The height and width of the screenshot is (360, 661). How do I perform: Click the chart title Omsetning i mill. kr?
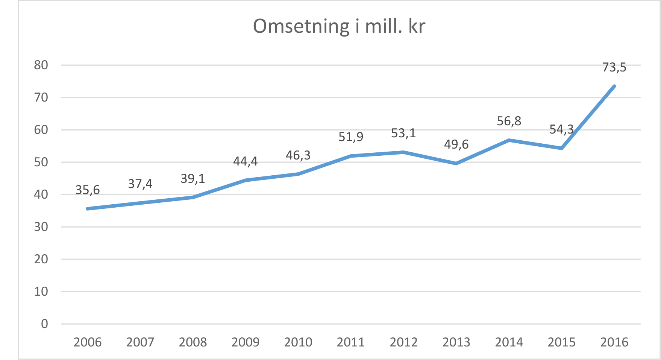tap(339, 27)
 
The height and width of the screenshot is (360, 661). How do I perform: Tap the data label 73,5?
tap(614, 67)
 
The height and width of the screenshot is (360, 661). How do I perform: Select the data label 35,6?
tap(88, 190)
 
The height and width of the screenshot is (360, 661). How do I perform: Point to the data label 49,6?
tap(456, 144)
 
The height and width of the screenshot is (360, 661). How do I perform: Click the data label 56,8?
tap(509, 121)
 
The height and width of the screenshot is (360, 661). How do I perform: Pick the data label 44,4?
tap(245, 161)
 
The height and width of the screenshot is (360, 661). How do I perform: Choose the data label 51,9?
tap(351, 137)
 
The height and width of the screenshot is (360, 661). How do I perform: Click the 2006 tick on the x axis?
tap(88, 342)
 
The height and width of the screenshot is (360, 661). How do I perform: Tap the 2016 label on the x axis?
tap(614, 342)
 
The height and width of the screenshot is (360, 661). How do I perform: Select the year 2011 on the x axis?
tap(351, 342)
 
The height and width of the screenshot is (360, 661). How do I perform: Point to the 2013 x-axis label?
tap(456, 342)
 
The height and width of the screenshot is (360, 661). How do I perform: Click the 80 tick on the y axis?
tap(41, 65)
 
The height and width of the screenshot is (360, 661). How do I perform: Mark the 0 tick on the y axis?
tap(44, 324)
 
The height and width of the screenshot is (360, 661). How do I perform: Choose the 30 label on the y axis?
tap(41, 227)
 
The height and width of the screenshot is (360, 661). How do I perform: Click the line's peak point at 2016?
tap(614, 86)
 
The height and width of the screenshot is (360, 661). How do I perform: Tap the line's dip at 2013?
tap(456, 163)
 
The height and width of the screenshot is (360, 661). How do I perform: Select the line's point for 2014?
tap(509, 140)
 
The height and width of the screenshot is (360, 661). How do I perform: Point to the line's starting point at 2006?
tap(88, 209)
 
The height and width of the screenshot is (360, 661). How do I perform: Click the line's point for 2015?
tap(561, 148)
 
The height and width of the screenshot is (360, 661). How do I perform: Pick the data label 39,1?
tap(193, 178)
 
